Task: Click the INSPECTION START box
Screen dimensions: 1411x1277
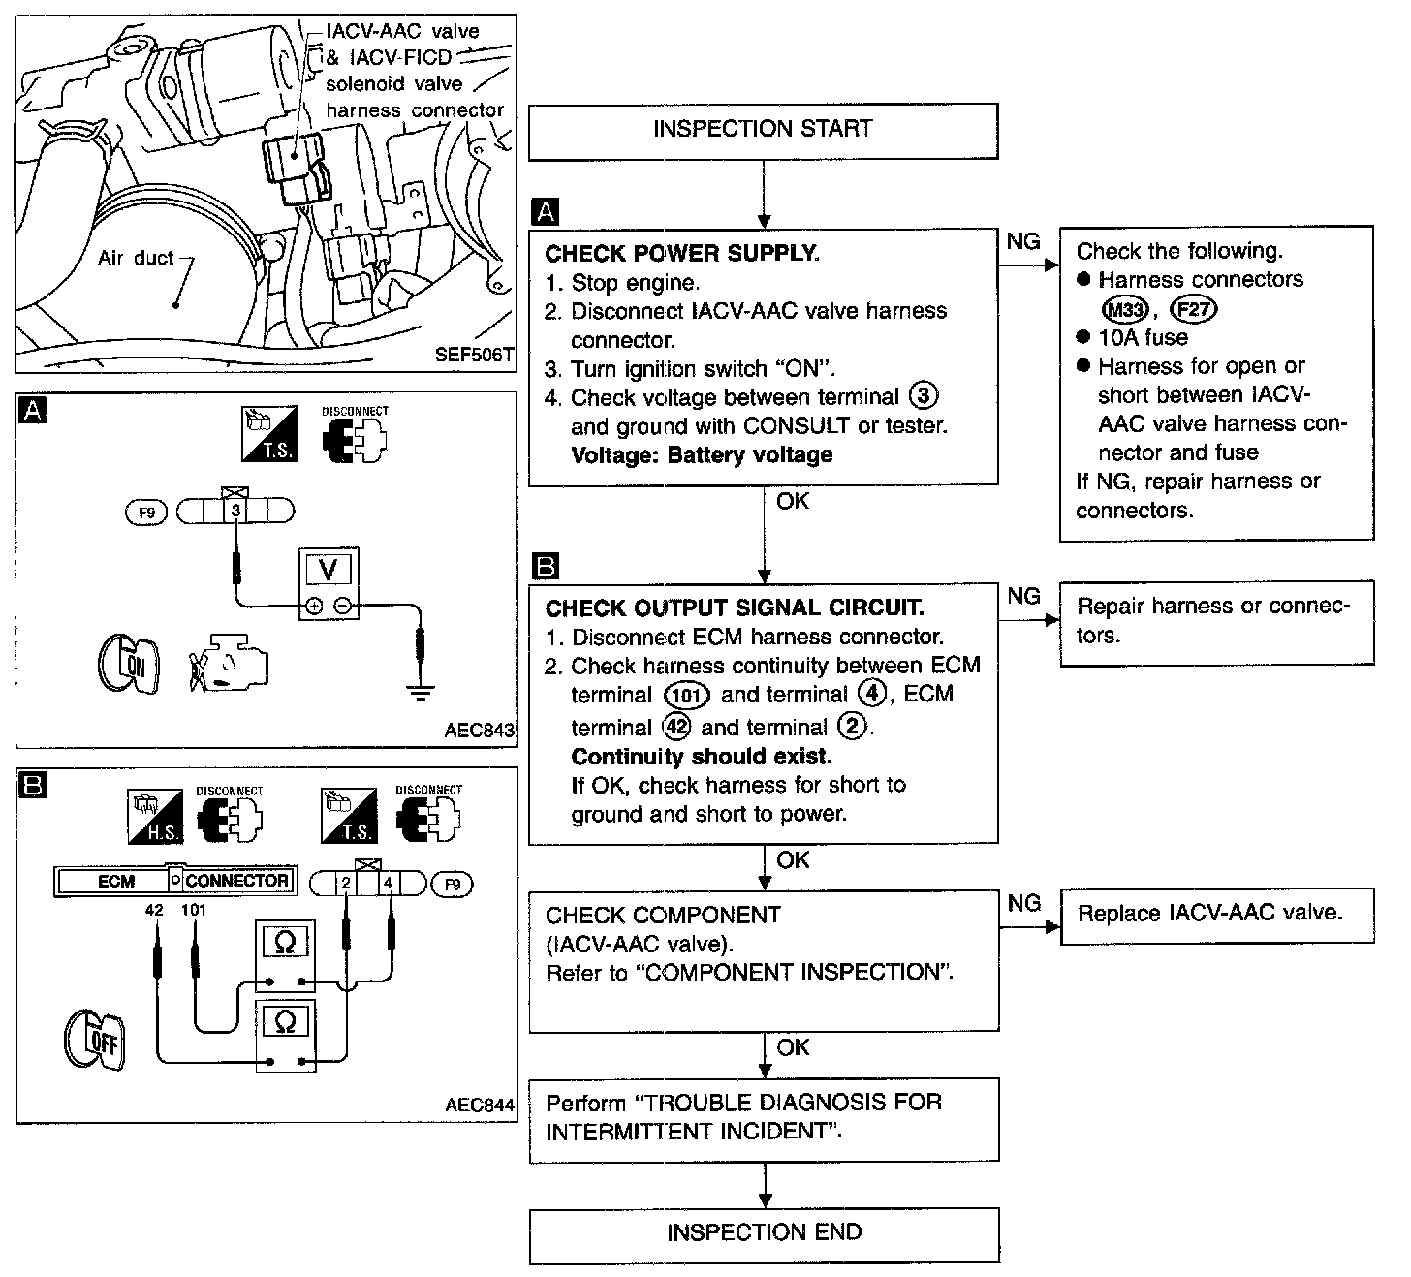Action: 764,131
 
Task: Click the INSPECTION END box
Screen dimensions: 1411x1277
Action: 765,1235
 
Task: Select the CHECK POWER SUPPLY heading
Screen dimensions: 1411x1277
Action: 682,253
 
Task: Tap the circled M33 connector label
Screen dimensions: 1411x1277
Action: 1125,310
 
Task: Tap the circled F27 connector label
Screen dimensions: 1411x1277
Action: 1193,310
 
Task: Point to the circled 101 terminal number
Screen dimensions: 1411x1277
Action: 686,696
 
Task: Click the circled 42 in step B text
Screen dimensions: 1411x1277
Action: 676,726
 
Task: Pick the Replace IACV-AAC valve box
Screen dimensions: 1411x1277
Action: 1217,916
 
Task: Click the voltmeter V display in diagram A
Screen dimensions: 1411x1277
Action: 329,570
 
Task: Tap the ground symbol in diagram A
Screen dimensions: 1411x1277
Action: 421,693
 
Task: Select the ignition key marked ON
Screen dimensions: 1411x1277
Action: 129,665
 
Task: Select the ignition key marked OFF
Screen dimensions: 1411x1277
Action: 95,1040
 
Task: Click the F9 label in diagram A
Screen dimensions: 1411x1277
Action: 146,513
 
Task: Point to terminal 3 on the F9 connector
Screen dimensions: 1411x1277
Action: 235,511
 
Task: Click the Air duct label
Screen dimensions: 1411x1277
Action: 135,258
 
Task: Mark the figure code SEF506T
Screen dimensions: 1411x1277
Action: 474,355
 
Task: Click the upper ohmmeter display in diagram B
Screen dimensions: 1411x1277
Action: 285,942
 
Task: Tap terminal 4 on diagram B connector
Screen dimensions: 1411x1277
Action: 388,883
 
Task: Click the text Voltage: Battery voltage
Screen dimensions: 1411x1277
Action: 702,455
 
